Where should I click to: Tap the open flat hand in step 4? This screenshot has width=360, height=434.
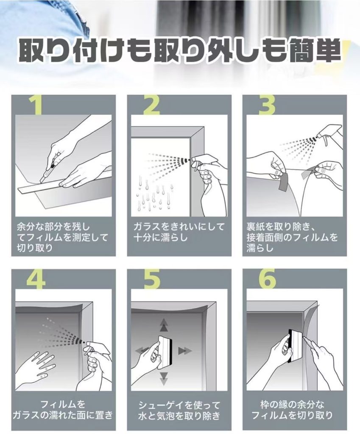pos(41,366)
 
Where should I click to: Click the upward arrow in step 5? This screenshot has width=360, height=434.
pos(164,325)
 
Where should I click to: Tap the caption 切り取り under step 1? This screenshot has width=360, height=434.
pos(35,247)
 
